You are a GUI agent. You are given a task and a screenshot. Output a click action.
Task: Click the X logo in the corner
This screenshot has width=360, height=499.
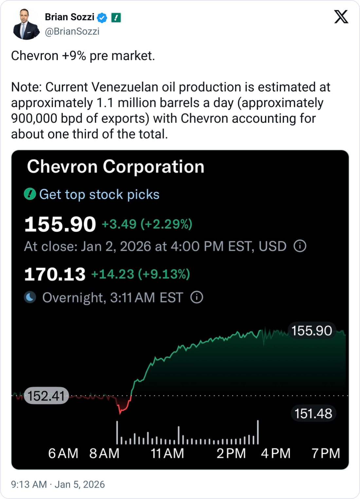point(341,17)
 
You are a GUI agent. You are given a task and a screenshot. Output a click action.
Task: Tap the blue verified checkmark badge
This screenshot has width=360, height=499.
point(102,18)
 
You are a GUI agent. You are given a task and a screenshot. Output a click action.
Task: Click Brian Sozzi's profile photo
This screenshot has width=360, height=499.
point(25,25)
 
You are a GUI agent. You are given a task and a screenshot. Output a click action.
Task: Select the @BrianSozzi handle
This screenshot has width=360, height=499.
point(72,31)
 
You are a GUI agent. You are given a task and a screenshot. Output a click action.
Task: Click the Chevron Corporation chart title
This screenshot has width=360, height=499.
point(116,166)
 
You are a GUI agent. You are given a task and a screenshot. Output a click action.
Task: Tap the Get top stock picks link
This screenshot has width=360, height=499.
point(99,195)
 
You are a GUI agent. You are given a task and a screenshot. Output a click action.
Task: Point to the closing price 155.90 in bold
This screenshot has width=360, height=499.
point(60,225)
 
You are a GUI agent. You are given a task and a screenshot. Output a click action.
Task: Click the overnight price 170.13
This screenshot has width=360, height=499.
point(55,274)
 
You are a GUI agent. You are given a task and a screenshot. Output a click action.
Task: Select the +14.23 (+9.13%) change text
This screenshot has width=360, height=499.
point(140,274)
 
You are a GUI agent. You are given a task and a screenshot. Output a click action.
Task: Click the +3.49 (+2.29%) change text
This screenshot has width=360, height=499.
point(147,224)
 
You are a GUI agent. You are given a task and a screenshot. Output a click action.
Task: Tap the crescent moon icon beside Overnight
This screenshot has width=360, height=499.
point(30,298)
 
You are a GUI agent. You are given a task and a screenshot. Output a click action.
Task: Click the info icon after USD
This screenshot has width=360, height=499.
point(300,246)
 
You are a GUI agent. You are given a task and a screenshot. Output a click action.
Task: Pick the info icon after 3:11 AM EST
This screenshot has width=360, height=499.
point(197,298)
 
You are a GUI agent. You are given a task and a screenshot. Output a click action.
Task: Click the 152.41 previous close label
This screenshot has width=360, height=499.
point(46,396)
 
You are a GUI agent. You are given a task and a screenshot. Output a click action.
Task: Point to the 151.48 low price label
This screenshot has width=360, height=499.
point(313,414)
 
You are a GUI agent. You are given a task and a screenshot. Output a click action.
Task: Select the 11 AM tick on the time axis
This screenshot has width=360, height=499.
point(167,454)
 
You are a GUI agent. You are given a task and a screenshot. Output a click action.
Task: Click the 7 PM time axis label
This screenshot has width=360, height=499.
point(326,454)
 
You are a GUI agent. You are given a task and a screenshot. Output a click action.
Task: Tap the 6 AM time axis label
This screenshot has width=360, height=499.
point(63,454)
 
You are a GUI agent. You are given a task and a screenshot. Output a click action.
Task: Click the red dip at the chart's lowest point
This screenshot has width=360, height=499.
point(120,411)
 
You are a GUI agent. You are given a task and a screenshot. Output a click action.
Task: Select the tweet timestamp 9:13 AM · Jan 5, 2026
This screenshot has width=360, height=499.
point(58,484)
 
